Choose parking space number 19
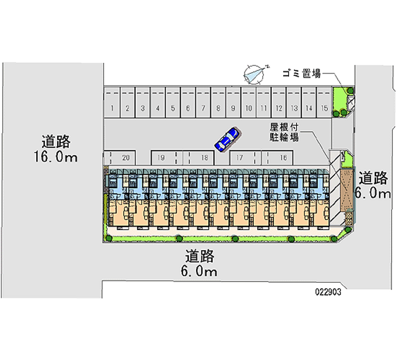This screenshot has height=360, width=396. pos(161,158)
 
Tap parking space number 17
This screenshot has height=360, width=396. pos(240,158)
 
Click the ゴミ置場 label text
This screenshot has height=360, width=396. pos(301,74)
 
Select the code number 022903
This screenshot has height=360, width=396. pos(327,292)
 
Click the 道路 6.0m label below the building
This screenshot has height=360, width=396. pos(200,263)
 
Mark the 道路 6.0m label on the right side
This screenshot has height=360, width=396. pos(375,185)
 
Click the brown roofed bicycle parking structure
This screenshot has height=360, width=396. pos(346,190)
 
